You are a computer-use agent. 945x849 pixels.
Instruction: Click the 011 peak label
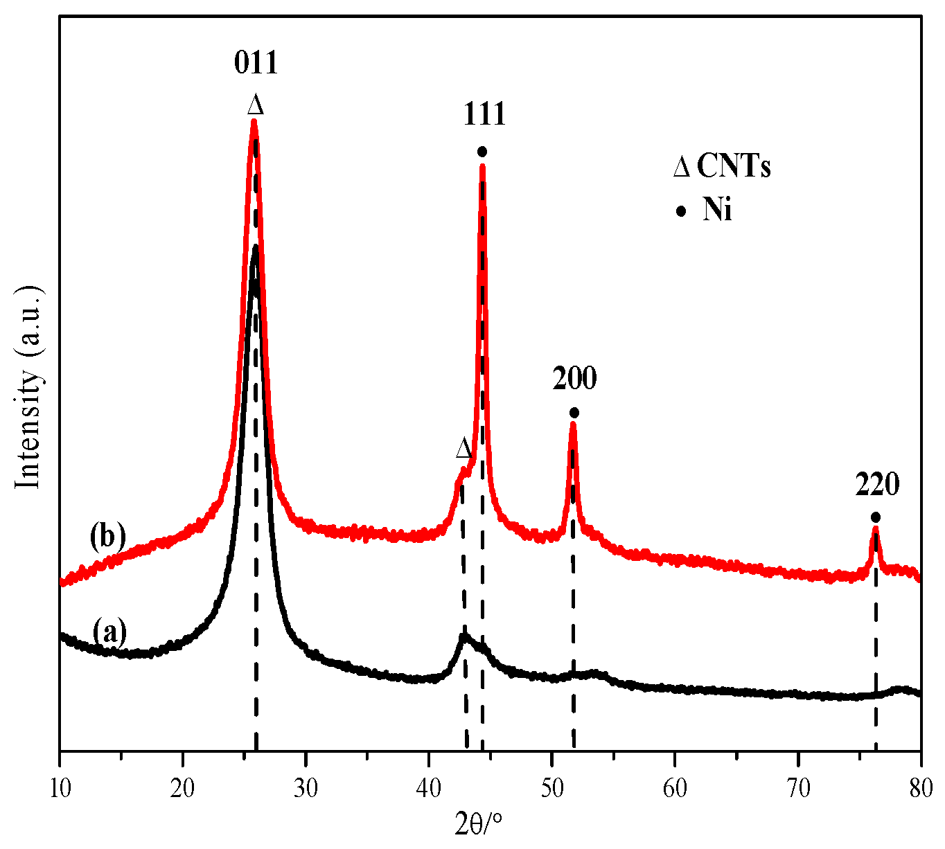(x=256, y=64)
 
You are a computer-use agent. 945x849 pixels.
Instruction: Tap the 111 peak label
(x=484, y=114)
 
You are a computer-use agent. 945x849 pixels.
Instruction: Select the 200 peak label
(x=574, y=379)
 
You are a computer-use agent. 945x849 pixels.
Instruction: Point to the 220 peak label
(x=877, y=485)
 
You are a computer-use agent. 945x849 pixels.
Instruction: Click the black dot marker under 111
(x=482, y=151)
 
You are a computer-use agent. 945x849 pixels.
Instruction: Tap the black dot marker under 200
(x=574, y=413)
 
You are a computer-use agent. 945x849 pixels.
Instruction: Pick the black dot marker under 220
(x=876, y=517)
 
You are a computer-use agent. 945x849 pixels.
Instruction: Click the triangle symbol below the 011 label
(x=256, y=105)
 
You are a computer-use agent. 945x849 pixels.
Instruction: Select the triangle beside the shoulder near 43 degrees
(x=464, y=449)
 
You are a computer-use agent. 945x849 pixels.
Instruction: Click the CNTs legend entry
(x=722, y=167)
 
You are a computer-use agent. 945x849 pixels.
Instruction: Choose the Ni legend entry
(x=707, y=210)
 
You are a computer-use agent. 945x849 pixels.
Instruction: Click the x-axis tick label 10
(x=60, y=787)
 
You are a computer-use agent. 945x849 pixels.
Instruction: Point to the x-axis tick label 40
(x=429, y=787)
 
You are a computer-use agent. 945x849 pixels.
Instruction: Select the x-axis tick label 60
(x=675, y=787)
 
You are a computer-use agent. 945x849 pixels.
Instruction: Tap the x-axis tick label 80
(x=920, y=787)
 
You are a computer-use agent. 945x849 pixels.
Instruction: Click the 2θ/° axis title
(x=479, y=824)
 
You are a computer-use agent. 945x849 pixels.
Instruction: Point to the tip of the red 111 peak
(x=482, y=165)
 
